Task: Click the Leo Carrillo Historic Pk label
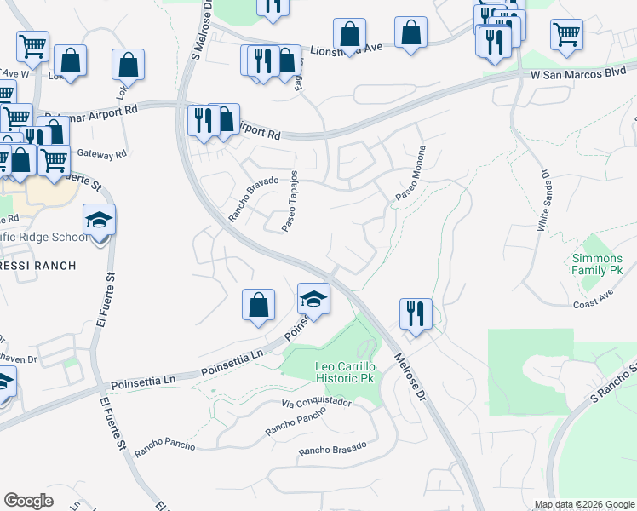(x=345, y=372)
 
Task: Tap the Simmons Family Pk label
(x=598, y=264)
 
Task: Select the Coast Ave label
(x=594, y=302)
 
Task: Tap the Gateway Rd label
(x=101, y=154)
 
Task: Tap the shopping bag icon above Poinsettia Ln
(x=258, y=305)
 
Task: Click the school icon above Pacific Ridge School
(x=99, y=221)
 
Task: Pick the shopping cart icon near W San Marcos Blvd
(x=566, y=35)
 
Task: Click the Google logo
(x=28, y=501)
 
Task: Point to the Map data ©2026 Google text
(x=583, y=504)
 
